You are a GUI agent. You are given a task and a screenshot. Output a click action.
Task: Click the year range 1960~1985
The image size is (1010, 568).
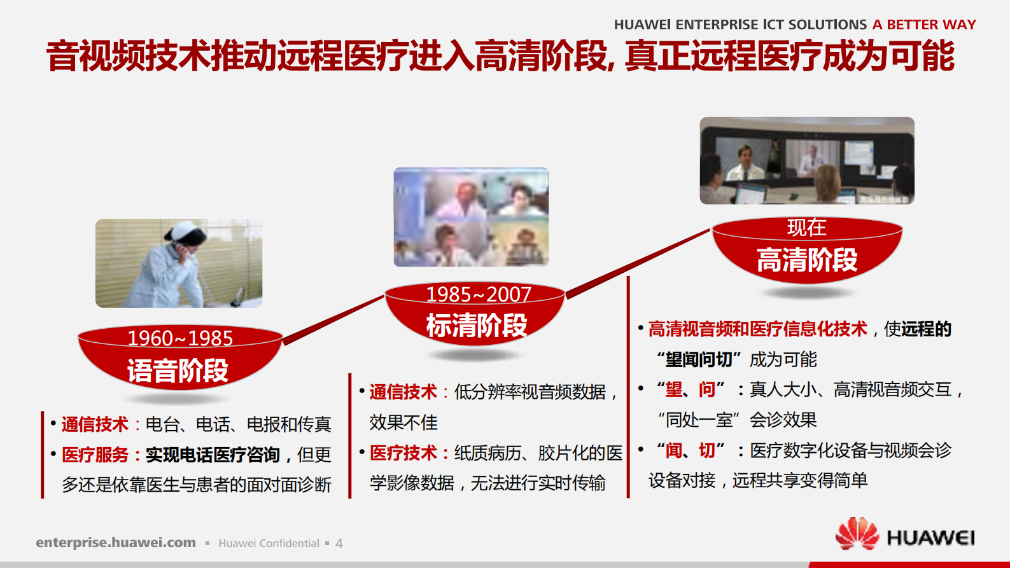180,338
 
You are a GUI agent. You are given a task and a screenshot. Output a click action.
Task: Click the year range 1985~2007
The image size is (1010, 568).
479,294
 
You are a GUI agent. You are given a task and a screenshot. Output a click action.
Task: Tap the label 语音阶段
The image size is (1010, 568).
178,371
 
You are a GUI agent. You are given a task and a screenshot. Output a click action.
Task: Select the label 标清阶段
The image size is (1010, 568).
477,326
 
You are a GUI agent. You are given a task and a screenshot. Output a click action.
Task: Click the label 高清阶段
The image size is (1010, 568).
807,260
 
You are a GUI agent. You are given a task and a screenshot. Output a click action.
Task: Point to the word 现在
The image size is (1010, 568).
806,228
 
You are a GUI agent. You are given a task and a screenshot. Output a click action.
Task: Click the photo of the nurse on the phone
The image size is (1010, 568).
179,263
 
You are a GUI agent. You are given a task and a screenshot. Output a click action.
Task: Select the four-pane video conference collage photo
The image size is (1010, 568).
471,217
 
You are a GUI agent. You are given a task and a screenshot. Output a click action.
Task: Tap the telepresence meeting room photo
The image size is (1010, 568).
807,160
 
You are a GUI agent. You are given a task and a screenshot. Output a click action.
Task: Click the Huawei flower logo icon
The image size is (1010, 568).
857,534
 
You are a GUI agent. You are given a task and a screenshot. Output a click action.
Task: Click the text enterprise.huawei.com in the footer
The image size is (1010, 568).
116,543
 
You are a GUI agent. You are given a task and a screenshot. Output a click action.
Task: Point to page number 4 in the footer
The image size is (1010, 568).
339,544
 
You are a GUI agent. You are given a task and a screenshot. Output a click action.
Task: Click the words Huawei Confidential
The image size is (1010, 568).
269,543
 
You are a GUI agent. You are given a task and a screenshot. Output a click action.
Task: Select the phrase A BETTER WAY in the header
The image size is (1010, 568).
924,25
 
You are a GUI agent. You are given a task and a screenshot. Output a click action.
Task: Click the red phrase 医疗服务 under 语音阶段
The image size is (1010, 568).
95,455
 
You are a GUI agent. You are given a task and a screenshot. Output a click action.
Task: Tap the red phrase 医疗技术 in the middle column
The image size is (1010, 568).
403,453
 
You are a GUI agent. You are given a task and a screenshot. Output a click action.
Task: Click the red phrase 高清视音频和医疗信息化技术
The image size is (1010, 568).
757,329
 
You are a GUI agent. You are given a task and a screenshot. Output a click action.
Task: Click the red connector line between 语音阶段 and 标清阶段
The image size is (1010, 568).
333,321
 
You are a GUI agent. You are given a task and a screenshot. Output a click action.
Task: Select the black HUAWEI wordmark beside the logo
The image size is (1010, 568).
930,538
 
